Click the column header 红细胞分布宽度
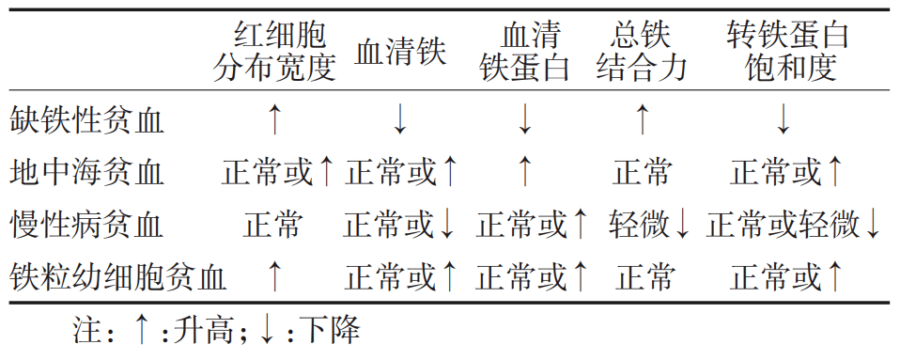[273, 53]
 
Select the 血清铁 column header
[399, 53]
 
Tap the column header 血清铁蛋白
[524, 53]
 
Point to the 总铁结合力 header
[641, 53]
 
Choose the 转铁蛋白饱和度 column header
[787, 53]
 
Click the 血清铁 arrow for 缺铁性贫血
[399, 119]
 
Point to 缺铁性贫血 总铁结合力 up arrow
[643, 119]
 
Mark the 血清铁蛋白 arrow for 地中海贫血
[524, 172]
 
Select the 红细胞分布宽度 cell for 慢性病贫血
[273, 226]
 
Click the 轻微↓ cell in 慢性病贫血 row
[649, 226]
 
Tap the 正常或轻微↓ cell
[794, 226]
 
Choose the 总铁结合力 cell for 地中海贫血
[643, 173]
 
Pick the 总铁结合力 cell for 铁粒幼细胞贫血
[644, 277]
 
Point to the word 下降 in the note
[330, 331]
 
